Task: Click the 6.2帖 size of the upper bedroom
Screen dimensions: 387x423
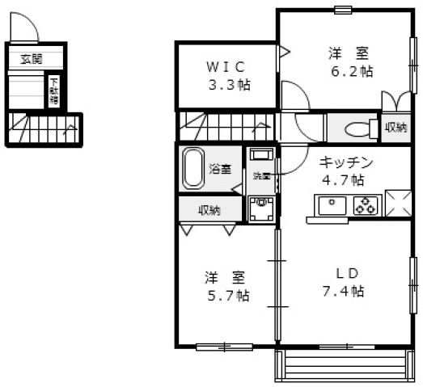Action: tap(350, 71)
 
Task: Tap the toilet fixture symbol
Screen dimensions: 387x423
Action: tap(353, 128)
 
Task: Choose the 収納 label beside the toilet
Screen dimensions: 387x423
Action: tap(395, 128)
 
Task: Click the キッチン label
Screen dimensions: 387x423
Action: tap(343, 161)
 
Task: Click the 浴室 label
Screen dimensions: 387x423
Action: tap(220, 169)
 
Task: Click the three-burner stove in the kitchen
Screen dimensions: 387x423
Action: tap(366, 206)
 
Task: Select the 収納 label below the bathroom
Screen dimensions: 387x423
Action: tap(209, 210)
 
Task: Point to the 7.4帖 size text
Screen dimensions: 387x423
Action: tap(345, 290)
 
